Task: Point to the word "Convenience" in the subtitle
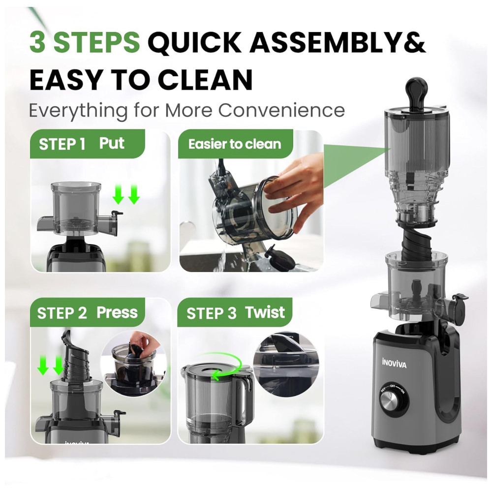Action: pyautogui.click(x=281, y=110)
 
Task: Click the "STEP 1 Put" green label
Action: pyautogui.click(x=88, y=144)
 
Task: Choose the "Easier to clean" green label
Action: pyautogui.click(x=235, y=144)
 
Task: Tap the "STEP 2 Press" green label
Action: pyautogui.click(x=88, y=312)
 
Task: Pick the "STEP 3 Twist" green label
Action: pyautogui.click(x=235, y=312)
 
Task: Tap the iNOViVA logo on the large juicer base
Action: pyautogui.click(x=394, y=364)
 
